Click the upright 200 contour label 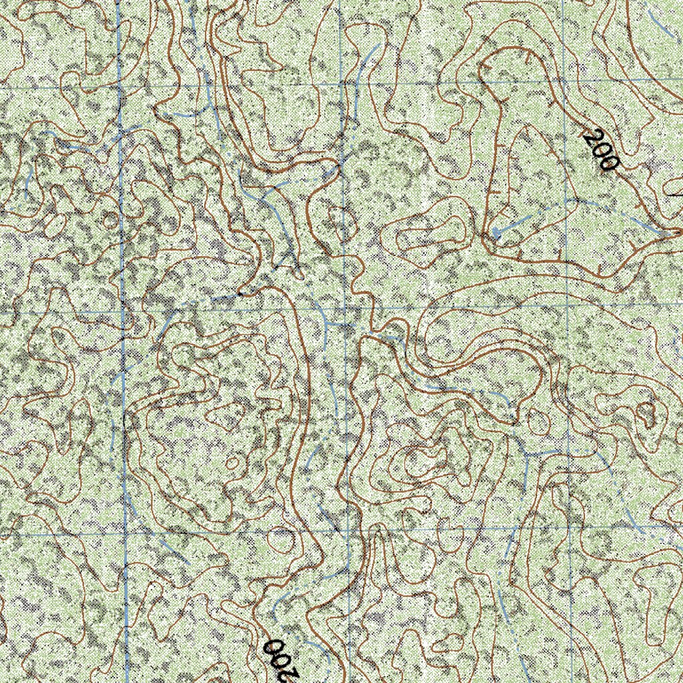599,151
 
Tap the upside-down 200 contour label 281,656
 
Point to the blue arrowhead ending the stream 497,233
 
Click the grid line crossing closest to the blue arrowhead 566,306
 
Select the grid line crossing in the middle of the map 345,309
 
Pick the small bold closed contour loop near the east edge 646,414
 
